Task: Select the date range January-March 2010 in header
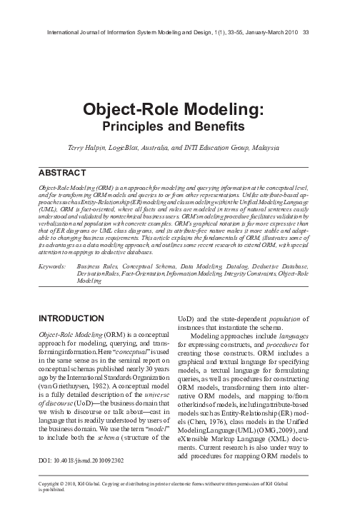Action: coord(269,31)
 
